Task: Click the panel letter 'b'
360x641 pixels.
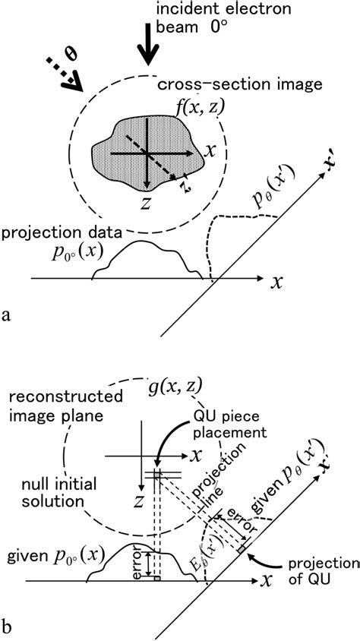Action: [8, 628]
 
